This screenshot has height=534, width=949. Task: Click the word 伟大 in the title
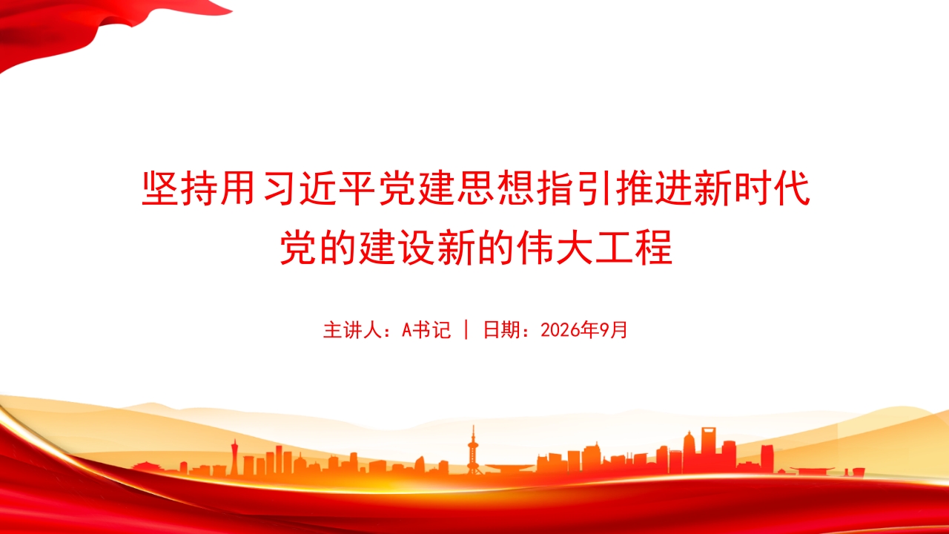click(x=554, y=248)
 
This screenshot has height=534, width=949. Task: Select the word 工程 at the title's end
click(x=634, y=248)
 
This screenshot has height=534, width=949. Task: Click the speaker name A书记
click(x=426, y=330)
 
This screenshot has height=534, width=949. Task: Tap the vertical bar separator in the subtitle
click(x=466, y=330)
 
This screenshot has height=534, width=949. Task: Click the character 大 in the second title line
click(x=574, y=248)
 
